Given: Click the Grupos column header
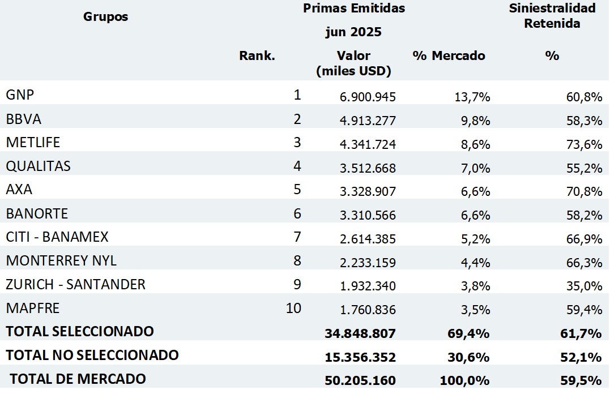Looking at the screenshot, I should click(x=106, y=16).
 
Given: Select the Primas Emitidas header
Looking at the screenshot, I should click(x=354, y=8).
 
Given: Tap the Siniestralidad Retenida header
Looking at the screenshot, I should click(x=552, y=16).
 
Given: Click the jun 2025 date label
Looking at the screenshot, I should click(x=353, y=32).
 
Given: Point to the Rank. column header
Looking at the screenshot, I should click(x=257, y=56).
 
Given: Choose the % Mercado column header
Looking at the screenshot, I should click(x=450, y=56).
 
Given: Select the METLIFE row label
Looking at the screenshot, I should click(x=33, y=143).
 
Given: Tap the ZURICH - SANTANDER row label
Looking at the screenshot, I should click(x=76, y=284).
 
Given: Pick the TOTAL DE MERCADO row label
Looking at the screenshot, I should click(x=78, y=379).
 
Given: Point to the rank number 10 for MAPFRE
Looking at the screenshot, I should click(x=294, y=309).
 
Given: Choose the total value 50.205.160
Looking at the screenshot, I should click(x=360, y=380).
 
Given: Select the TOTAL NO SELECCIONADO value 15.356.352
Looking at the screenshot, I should click(x=360, y=357).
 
